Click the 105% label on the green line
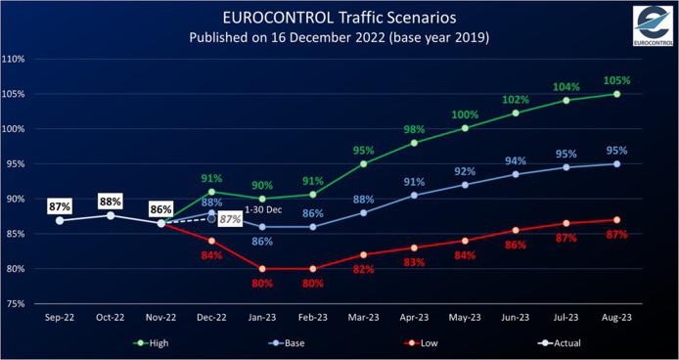[617, 80]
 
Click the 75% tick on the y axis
[17, 304]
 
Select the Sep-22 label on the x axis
[60, 319]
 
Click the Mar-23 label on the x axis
[364, 319]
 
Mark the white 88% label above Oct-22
[111, 202]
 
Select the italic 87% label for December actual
[230, 220]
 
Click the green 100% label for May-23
[466, 115]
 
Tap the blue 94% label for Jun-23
[516, 160]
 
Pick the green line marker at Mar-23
[364, 163]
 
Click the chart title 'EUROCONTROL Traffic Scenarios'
[338, 18]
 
